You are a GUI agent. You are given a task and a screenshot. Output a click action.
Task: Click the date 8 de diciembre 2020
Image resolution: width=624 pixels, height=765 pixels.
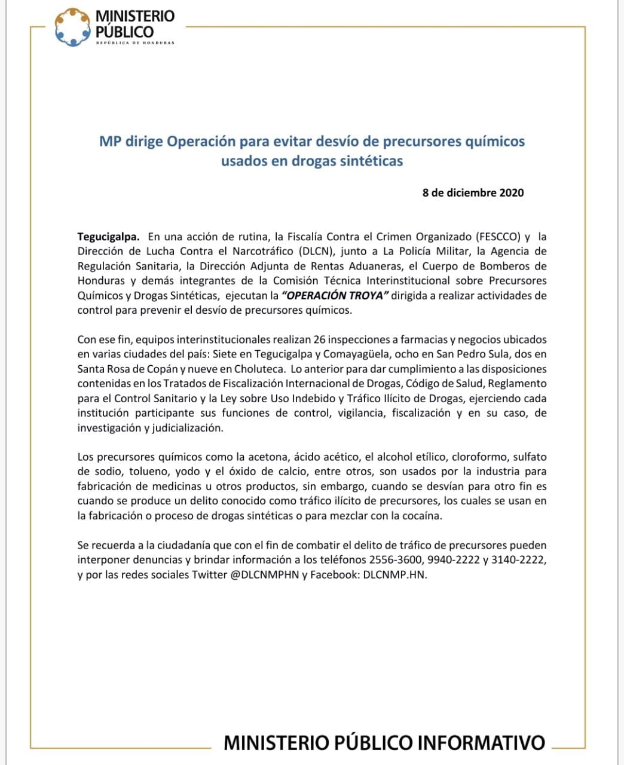[473, 192]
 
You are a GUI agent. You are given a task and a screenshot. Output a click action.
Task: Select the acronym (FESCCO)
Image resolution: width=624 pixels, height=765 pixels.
[499, 236]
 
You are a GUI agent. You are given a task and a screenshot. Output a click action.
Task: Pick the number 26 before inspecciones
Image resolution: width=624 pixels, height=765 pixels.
[327, 339]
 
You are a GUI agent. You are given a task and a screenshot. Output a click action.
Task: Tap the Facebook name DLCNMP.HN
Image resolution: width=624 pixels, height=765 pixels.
[395, 576]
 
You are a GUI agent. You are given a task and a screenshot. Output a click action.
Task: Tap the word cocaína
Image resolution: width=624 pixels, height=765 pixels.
[419, 516]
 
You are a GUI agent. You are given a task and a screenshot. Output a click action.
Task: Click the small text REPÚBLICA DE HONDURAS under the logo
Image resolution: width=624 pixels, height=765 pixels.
[135, 43]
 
